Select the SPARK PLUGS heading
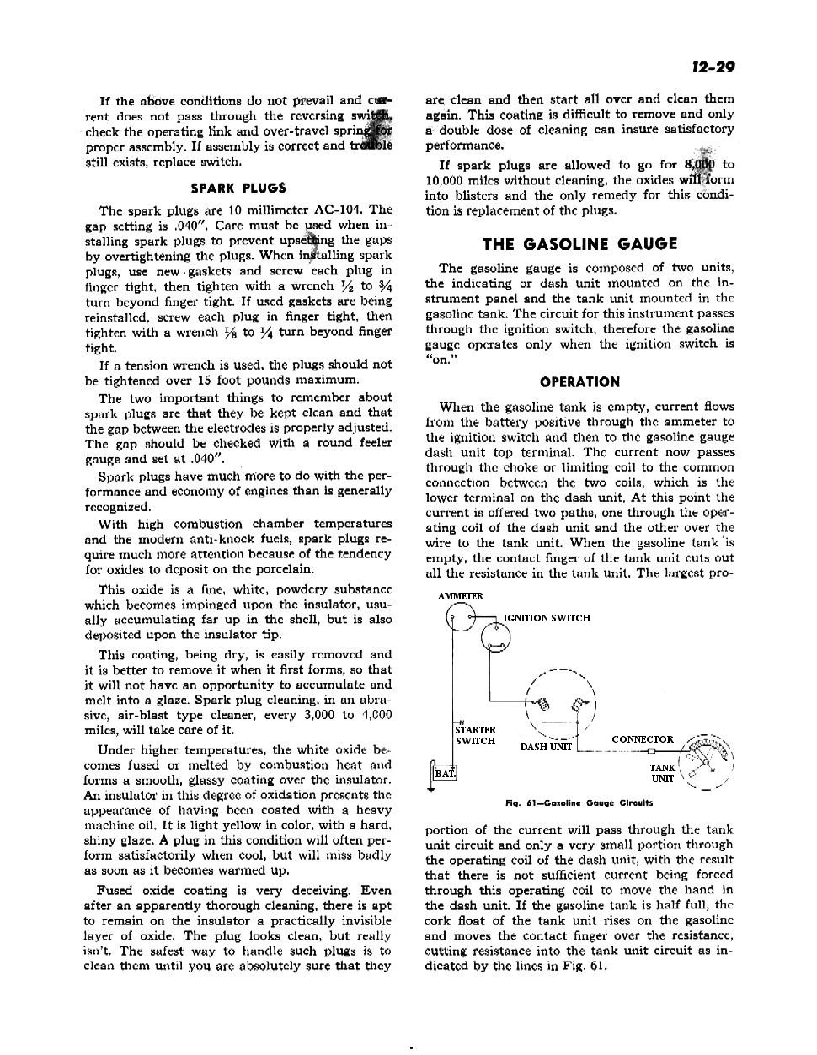pyautogui.click(x=238, y=188)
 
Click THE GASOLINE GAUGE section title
pyautogui.click(x=579, y=244)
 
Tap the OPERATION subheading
pyautogui.click(x=579, y=381)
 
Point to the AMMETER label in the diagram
pyautogui.click(x=461, y=596)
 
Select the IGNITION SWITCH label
pyautogui.click(x=547, y=618)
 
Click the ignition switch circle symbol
pyautogui.click(x=496, y=639)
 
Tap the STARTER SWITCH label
pyautogui.click(x=476, y=735)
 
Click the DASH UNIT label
pyautogui.click(x=546, y=746)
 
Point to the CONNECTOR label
pyautogui.click(x=643, y=739)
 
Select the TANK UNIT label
pyautogui.click(x=663, y=773)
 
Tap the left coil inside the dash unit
pyautogui.click(x=542, y=704)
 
